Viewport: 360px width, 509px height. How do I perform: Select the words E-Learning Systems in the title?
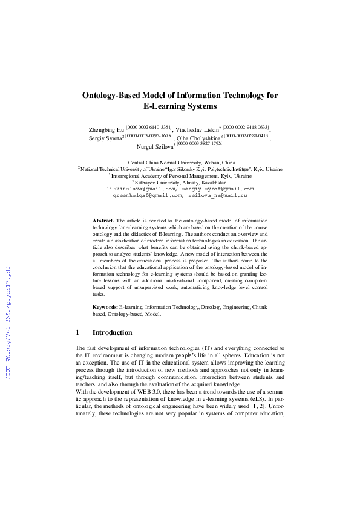point(180,106)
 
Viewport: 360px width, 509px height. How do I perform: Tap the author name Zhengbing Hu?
point(106,129)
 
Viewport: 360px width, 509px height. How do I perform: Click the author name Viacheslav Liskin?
point(197,129)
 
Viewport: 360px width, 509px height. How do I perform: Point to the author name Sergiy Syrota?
point(105,138)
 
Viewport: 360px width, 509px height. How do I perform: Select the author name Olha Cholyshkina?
point(198,138)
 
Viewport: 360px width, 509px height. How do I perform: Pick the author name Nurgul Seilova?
point(155,147)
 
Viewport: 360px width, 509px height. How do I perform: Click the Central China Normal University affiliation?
point(182,163)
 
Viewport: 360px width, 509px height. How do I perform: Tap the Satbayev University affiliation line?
point(180,182)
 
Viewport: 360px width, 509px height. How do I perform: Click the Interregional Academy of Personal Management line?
point(180,175)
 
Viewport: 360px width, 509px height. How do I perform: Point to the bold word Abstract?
point(103,222)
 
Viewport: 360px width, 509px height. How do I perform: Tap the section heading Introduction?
point(112,333)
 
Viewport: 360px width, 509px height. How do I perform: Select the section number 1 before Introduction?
point(78,333)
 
